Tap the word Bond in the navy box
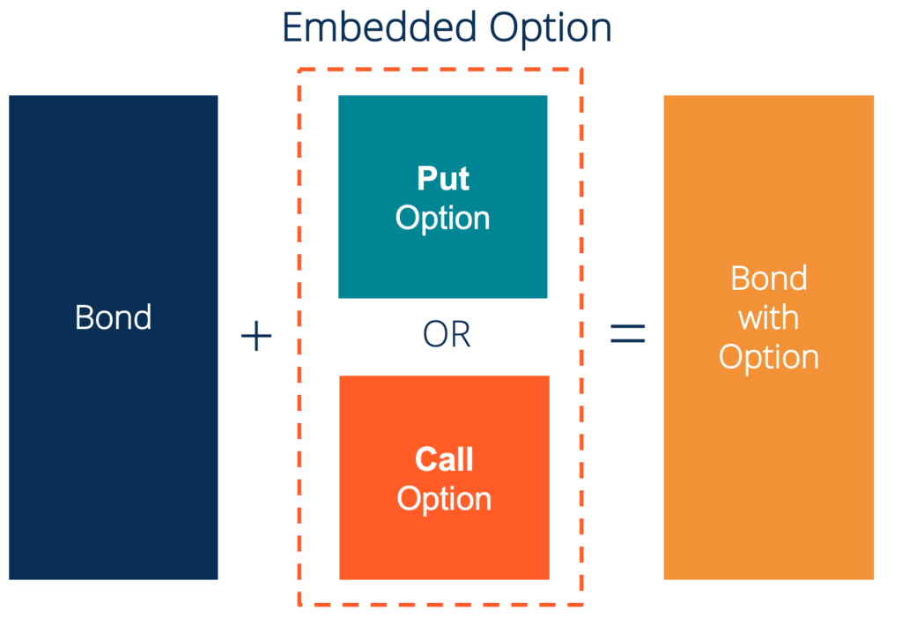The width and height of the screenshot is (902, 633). pos(114,317)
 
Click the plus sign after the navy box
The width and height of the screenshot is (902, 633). pos(256,336)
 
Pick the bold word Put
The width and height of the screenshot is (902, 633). pos(443,179)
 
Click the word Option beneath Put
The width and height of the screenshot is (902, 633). pos(443,218)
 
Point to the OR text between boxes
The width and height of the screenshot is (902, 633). pos(447,336)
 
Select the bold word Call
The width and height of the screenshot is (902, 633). pos(444,459)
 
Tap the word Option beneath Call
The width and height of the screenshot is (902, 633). pos(444,499)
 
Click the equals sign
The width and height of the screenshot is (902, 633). pos(628,334)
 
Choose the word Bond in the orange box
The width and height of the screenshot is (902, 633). pos(769,279)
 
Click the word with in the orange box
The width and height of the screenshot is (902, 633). pos(769,317)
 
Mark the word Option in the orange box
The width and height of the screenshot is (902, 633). pos(769,357)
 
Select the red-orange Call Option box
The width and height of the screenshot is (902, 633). pos(444,547)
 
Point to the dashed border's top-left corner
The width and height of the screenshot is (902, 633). pos(299,69)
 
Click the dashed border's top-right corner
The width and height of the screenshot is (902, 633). pos(582,69)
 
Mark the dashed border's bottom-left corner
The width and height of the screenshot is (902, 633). pos(299,605)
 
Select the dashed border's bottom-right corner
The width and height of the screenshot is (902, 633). pos(582,605)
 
